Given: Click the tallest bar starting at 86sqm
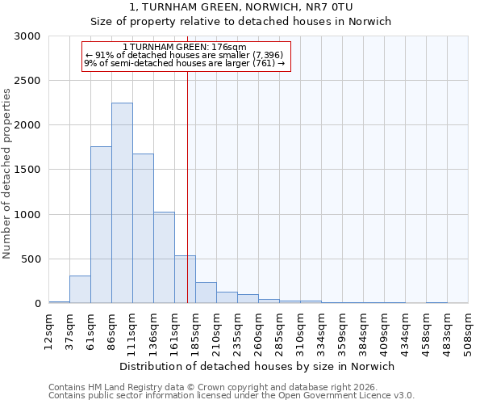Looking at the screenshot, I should [x=122, y=203].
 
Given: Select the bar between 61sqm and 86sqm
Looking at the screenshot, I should [x=101, y=225].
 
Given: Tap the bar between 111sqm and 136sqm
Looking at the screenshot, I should [x=143, y=229].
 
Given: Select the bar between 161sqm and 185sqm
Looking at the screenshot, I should [x=185, y=280].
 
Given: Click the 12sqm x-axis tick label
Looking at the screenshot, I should [x=48, y=329].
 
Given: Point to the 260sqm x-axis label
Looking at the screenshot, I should [x=258, y=329].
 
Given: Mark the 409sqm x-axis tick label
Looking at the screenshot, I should [x=384, y=329].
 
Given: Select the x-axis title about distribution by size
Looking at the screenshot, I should [x=258, y=366].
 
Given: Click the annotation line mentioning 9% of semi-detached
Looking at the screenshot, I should [x=185, y=63].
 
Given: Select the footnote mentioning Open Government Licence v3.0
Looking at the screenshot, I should [x=232, y=396].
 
